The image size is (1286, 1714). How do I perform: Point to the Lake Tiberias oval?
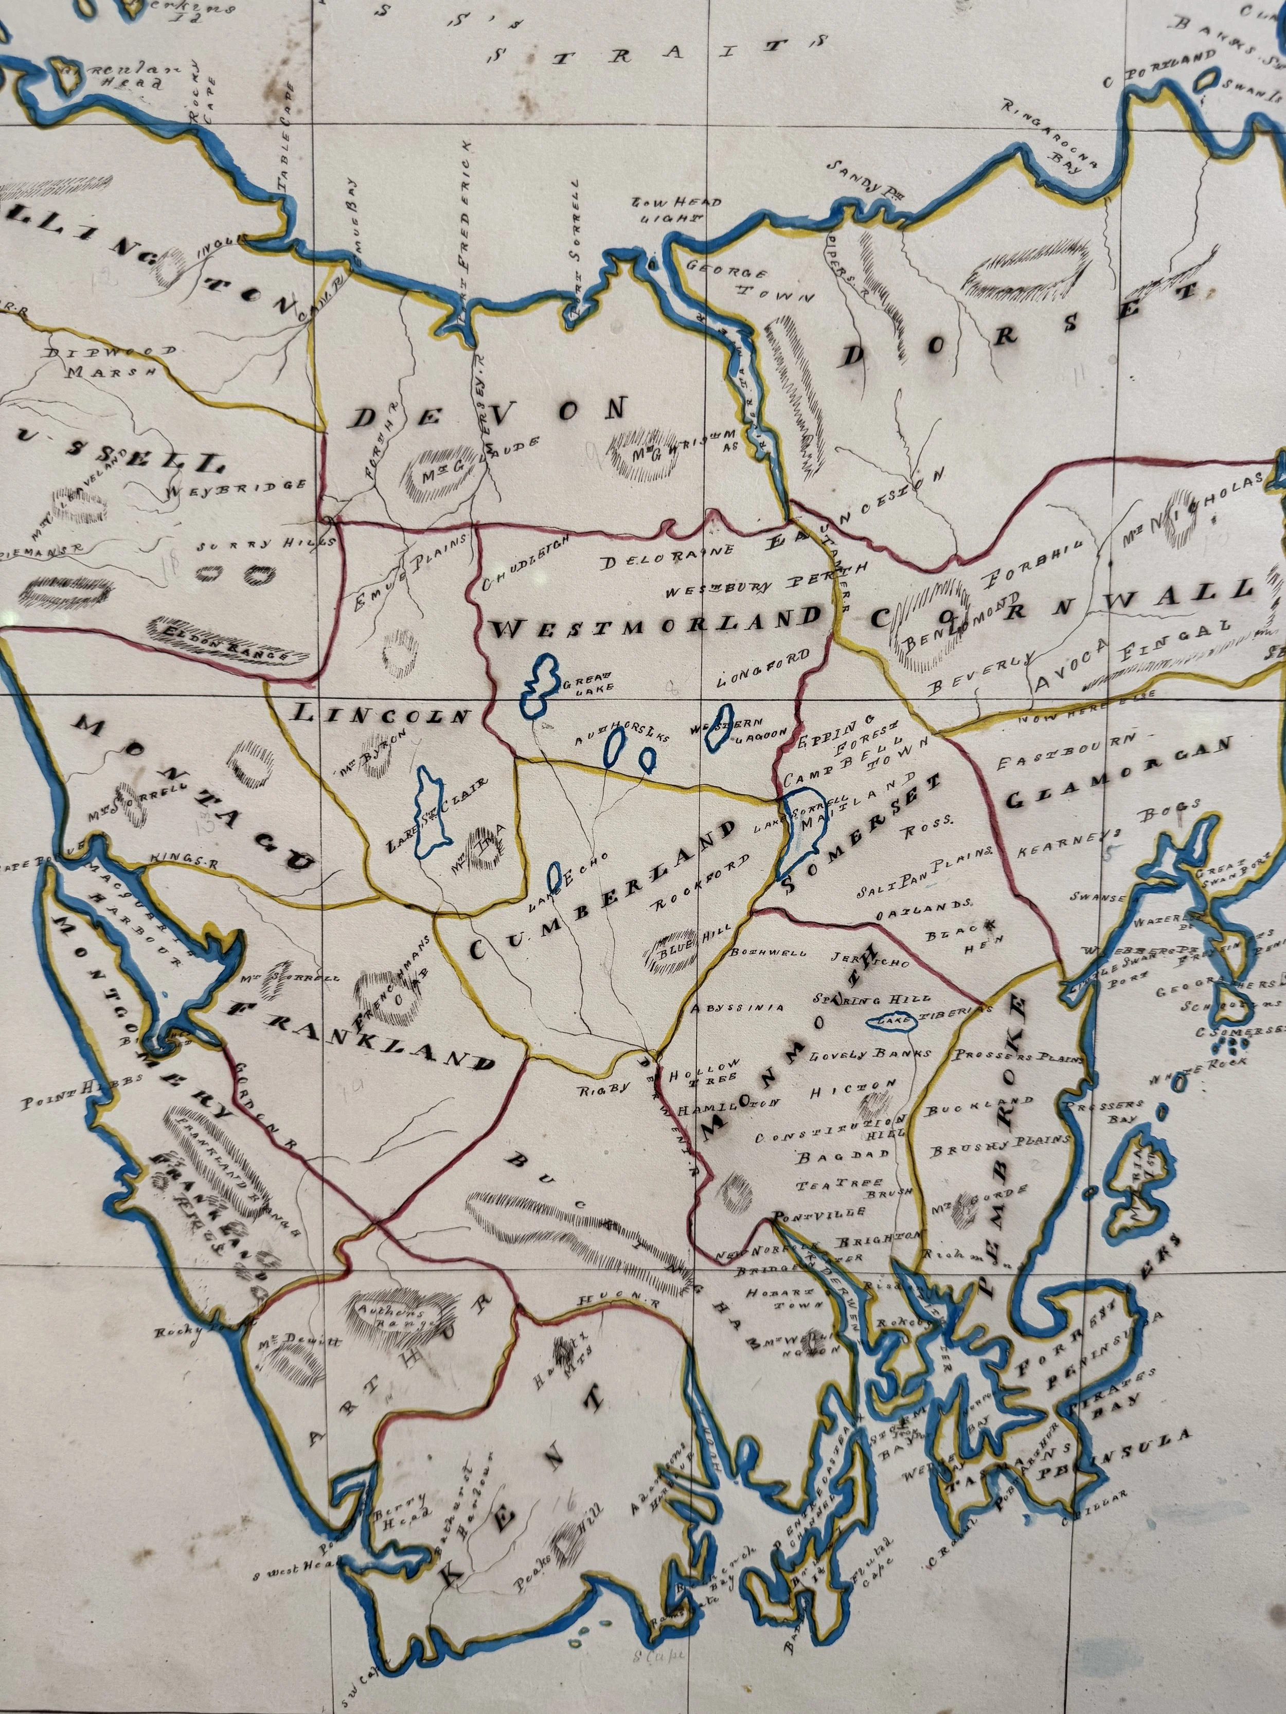point(891,1023)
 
